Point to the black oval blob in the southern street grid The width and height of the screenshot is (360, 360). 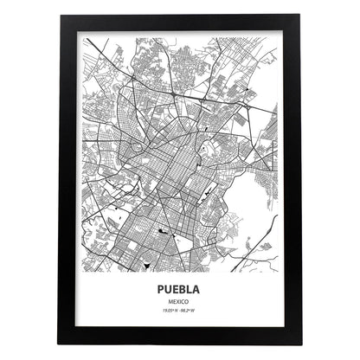(164, 233)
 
